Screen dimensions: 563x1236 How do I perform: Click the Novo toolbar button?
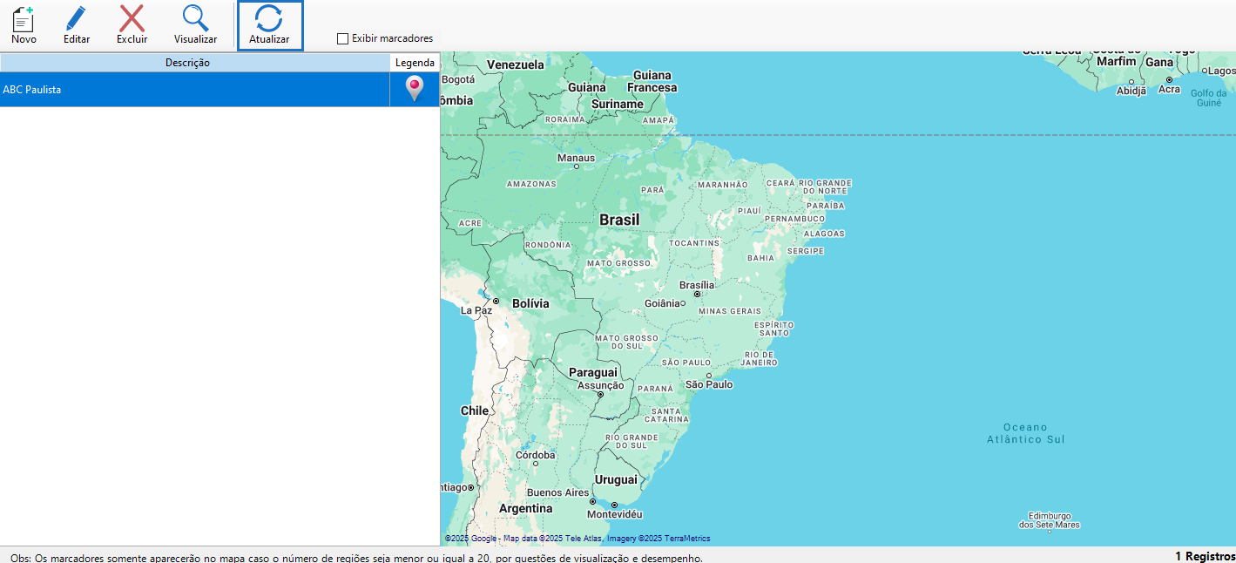(x=24, y=25)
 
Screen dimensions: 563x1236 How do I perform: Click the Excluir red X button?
(x=132, y=25)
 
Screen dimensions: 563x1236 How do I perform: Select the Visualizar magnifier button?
(x=195, y=25)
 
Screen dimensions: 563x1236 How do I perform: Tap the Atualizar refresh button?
(x=269, y=25)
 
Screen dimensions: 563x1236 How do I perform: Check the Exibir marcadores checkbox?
(x=343, y=38)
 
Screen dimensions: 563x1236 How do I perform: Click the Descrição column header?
(x=187, y=63)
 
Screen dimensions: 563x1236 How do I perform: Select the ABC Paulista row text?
(x=32, y=90)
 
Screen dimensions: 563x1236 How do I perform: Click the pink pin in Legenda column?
(x=415, y=88)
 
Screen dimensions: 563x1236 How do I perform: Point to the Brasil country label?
(x=619, y=220)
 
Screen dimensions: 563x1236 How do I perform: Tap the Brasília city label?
(x=697, y=285)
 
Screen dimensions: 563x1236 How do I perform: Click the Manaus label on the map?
(x=576, y=158)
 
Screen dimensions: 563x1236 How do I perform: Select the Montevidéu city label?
(x=614, y=514)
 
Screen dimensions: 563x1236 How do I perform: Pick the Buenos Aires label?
(x=557, y=492)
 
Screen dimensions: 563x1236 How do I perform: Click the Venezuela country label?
(x=515, y=64)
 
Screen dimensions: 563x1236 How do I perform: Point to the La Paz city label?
(x=476, y=310)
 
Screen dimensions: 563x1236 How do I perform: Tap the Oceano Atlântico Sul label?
(x=1025, y=433)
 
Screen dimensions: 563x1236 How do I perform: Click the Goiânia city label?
(x=662, y=303)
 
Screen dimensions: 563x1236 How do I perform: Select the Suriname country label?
(x=618, y=104)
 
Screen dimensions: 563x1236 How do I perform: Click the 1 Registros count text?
(x=1205, y=556)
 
